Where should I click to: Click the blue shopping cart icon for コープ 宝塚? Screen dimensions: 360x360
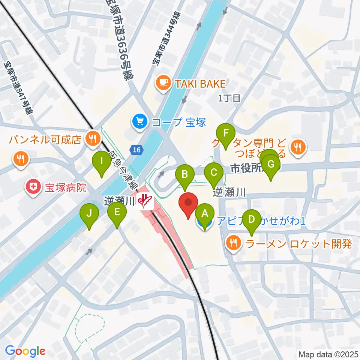click(140, 121)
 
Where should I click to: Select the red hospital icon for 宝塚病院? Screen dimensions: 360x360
click(33, 186)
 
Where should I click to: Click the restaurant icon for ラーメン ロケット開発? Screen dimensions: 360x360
click(234, 244)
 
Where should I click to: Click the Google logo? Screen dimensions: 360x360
click(25, 351)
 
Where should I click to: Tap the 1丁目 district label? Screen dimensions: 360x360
click(229, 99)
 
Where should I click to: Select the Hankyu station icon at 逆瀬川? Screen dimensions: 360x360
click(145, 202)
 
